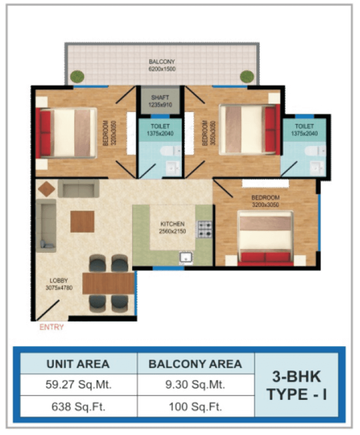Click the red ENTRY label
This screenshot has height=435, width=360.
click(x=52, y=327)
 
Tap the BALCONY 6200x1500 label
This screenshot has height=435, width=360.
click(x=162, y=65)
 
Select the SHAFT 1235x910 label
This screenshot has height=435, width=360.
click(x=160, y=101)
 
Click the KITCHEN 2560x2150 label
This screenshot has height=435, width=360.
click(x=172, y=228)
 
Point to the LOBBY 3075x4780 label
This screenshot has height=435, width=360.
click(x=59, y=284)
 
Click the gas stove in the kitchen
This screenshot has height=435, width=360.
click(x=204, y=229)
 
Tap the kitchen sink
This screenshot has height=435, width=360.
click(x=186, y=257)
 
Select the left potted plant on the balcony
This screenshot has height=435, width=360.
click(x=77, y=77)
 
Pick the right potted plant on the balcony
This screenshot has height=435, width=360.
click(x=247, y=77)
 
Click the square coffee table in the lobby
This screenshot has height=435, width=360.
click(x=82, y=222)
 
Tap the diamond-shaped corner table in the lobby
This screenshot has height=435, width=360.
click(x=47, y=189)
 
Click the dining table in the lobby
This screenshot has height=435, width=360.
click(x=109, y=283)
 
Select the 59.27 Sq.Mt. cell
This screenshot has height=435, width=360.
click(x=78, y=385)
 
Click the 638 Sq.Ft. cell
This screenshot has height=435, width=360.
click(x=78, y=406)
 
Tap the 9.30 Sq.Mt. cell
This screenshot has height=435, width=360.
click(x=195, y=385)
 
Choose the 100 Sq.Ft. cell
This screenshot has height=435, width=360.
click(x=195, y=406)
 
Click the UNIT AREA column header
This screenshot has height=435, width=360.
click(x=78, y=364)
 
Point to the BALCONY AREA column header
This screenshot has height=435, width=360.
click(x=195, y=364)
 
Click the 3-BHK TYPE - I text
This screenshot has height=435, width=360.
click(x=296, y=385)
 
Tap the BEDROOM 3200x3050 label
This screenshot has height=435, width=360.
click(x=266, y=201)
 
